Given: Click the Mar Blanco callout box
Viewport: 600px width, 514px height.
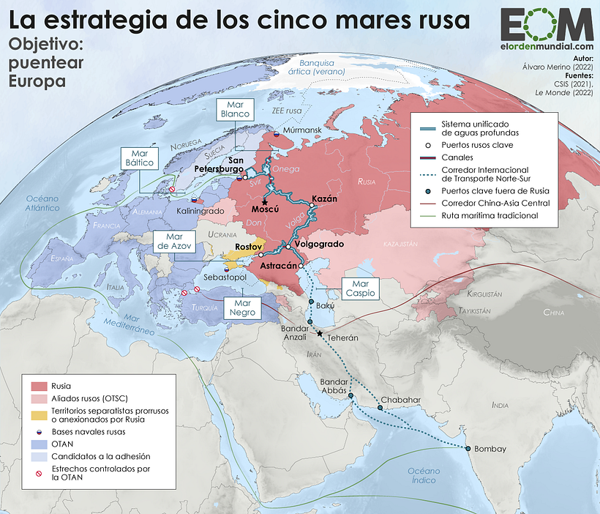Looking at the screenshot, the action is click(236, 109).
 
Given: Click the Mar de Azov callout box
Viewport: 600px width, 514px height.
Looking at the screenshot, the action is click(174, 242).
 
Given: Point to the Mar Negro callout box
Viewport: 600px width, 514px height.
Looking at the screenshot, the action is click(245, 308).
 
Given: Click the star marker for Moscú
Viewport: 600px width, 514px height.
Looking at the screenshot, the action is click(265, 202).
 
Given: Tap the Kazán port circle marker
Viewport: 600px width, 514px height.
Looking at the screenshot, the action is click(311, 206).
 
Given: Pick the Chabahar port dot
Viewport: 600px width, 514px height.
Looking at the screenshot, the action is click(380, 407).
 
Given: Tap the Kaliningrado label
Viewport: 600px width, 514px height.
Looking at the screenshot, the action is click(200, 211).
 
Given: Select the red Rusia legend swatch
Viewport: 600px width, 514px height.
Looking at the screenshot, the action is click(39, 385).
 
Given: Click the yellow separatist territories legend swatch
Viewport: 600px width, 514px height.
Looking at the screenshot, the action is click(39, 415).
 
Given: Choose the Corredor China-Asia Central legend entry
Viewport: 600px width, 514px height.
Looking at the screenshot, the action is click(494, 203).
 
